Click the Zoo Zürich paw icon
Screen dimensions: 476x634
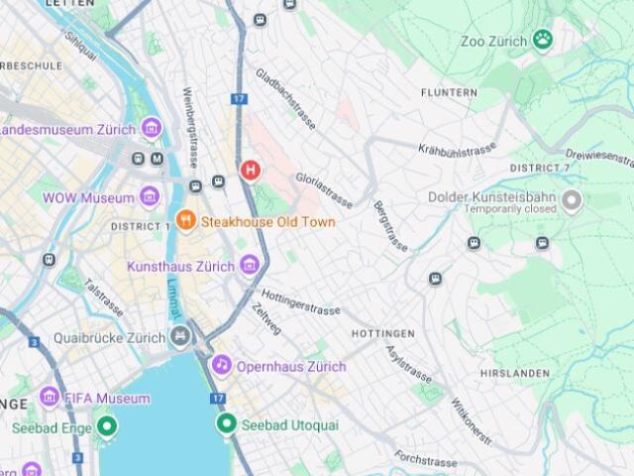[x=542, y=40]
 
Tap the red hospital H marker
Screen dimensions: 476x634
[x=251, y=171]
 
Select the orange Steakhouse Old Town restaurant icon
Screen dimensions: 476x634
[x=185, y=220]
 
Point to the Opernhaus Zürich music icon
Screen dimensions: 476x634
[x=222, y=366]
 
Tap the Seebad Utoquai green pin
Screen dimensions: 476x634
[x=226, y=423]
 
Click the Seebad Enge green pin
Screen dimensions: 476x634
[x=107, y=427]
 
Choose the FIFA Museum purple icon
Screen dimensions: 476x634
[x=49, y=398]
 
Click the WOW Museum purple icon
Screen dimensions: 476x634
[x=150, y=197]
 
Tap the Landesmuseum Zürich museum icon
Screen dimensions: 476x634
[x=151, y=129]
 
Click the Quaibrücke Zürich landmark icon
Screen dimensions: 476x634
[x=180, y=337]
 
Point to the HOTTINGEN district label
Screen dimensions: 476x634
[x=382, y=333]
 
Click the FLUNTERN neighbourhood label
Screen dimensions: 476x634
[x=448, y=92]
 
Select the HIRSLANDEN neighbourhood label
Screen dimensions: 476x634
[x=514, y=373]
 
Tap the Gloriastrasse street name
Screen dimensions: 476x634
[x=323, y=187]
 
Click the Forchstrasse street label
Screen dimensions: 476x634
[x=425, y=458]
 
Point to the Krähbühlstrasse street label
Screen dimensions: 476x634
[x=457, y=150]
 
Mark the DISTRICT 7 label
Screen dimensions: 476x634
[x=540, y=169]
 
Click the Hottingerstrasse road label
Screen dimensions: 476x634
[x=300, y=301]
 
